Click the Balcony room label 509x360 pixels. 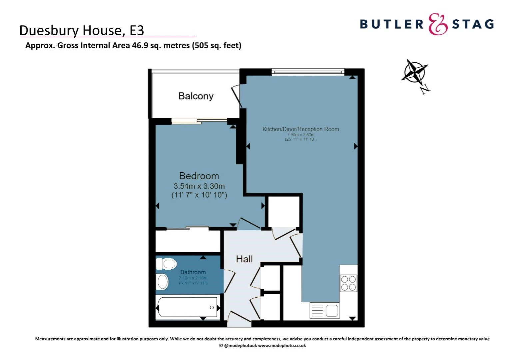pos(196,96)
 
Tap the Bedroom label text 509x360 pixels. pos(199,176)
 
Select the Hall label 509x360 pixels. pos(244,259)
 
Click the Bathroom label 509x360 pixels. pos(193,272)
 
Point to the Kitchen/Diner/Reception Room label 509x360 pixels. pos(300,129)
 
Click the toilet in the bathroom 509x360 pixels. pos(167,264)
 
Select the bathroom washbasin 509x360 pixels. pos(162,282)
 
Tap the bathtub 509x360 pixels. pos(187,307)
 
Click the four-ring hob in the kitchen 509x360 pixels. pos(348,283)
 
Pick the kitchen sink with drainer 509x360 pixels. pos(324,310)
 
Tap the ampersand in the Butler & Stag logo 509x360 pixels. pos(437,24)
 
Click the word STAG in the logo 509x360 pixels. pos(473,24)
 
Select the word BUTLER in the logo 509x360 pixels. pos(391,24)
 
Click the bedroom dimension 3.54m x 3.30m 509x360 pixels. pos(199,186)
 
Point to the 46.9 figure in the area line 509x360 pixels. pos(140,45)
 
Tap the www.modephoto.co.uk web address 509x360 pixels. pos(282,346)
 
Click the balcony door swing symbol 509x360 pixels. pos(237,95)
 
